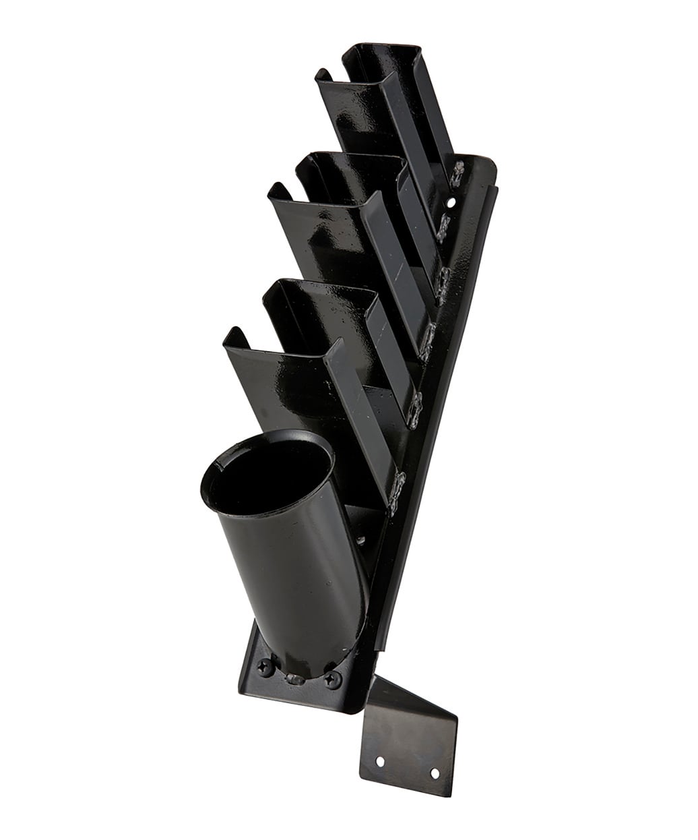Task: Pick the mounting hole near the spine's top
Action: pos(451,201)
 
